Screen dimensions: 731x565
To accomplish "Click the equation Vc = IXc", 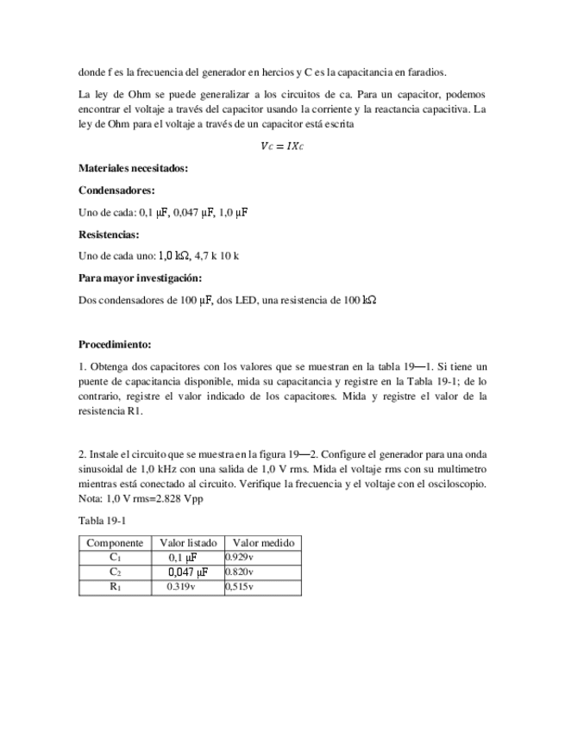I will pyautogui.click(x=282, y=147).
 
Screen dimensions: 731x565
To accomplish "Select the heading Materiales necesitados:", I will pyautogui.click(x=133, y=168).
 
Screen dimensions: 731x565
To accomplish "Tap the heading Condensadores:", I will pyautogui.click(x=116, y=190).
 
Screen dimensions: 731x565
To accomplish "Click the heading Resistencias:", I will pyautogui.click(x=109, y=234).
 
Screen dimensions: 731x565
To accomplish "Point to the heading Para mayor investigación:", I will pyautogui.click(x=140, y=278).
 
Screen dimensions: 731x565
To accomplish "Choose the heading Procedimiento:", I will pyautogui.click(x=115, y=344).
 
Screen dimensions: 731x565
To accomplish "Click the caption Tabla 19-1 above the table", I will pyautogui.click(x=102, y=522).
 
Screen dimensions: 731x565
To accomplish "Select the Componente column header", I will pyautogui.click(x=115, y=543).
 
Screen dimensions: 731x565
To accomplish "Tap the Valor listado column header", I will pyautogui.click(x=188, y=543).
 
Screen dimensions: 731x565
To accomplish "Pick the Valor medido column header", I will pyautogui.click(x=263, y=543).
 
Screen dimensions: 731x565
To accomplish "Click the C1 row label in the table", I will pyautogui.click(x=115, y=558).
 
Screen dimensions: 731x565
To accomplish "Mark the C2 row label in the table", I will pyautogui.click(x=115, y=572).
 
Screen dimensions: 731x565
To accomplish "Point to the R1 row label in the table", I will pyautogui.click(x=115, y=587).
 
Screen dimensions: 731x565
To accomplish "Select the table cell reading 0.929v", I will pyautogui.click(x=240, y=558).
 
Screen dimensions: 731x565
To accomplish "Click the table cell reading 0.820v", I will pyautogui.click(x=240, y=572).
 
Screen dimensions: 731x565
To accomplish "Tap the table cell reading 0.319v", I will pyautogui.click(x=181, y=587).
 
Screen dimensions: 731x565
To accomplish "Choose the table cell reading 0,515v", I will pyautogui.click(x=240, y=587).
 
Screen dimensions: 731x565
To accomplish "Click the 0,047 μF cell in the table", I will pyautogui.click(x=188, y=572).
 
